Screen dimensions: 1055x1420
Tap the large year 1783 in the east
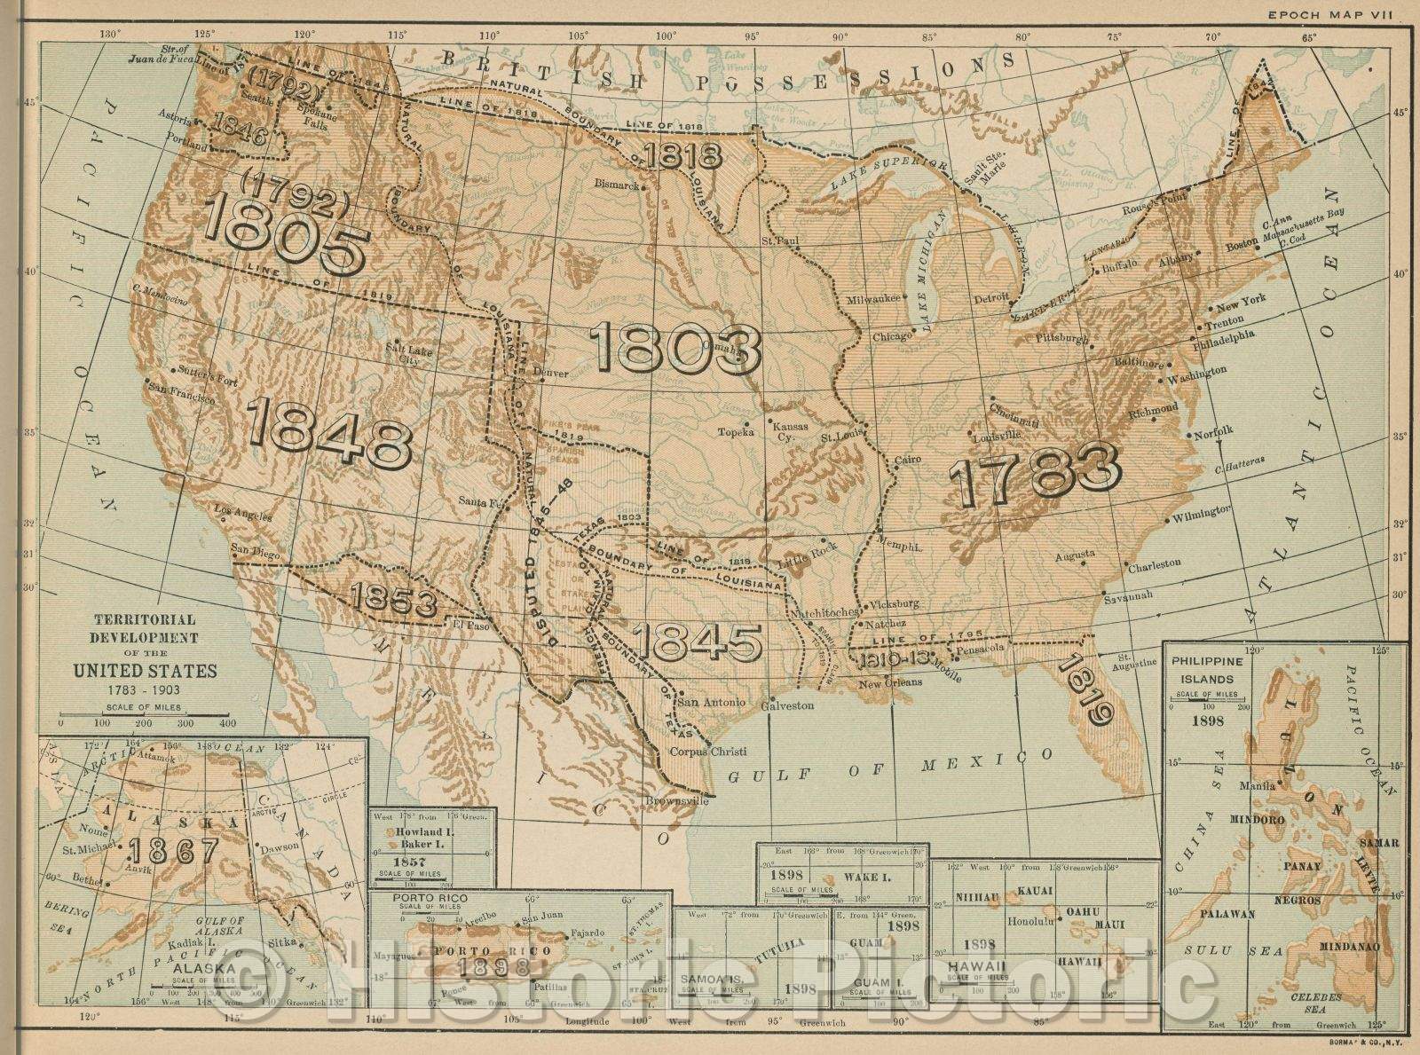pos(1035,470)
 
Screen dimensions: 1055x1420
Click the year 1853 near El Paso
pos(394,601)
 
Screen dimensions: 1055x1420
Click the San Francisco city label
pos(183,392)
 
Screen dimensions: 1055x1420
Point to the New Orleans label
pos(891,682)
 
